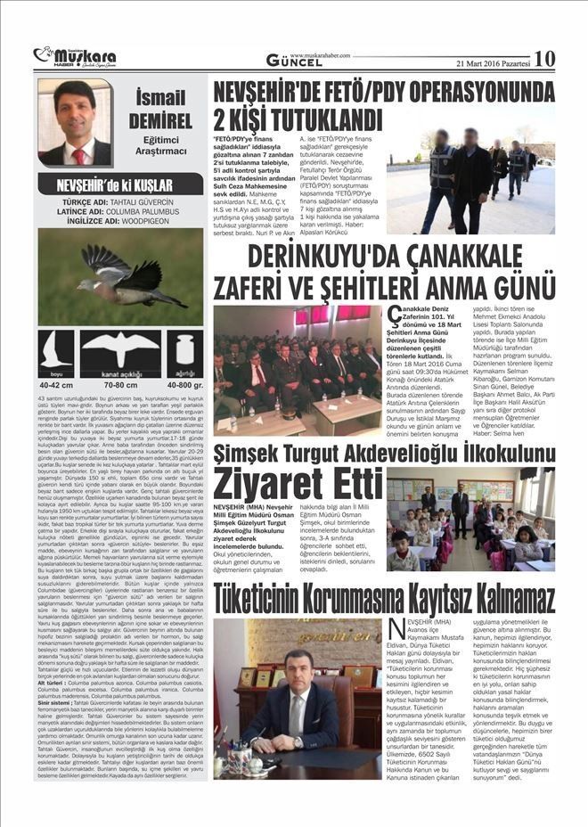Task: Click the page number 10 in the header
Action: pyautogui.click(x=544, y=58)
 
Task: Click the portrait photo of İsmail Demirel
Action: pyautogui.click(x=75, y=124)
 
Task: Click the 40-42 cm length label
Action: pyautogui.click(x=56, y=384)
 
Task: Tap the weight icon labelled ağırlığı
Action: pyautogui.click(x=184, y=351)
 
